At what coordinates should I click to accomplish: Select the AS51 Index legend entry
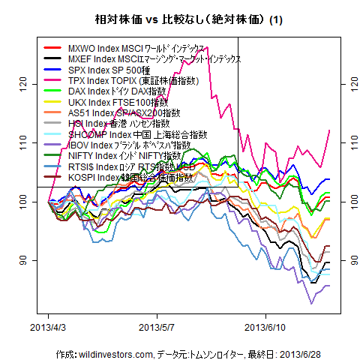124,112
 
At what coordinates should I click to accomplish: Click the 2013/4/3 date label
48,328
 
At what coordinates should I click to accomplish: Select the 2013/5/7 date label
157,328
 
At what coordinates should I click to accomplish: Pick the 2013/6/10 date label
267,328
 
